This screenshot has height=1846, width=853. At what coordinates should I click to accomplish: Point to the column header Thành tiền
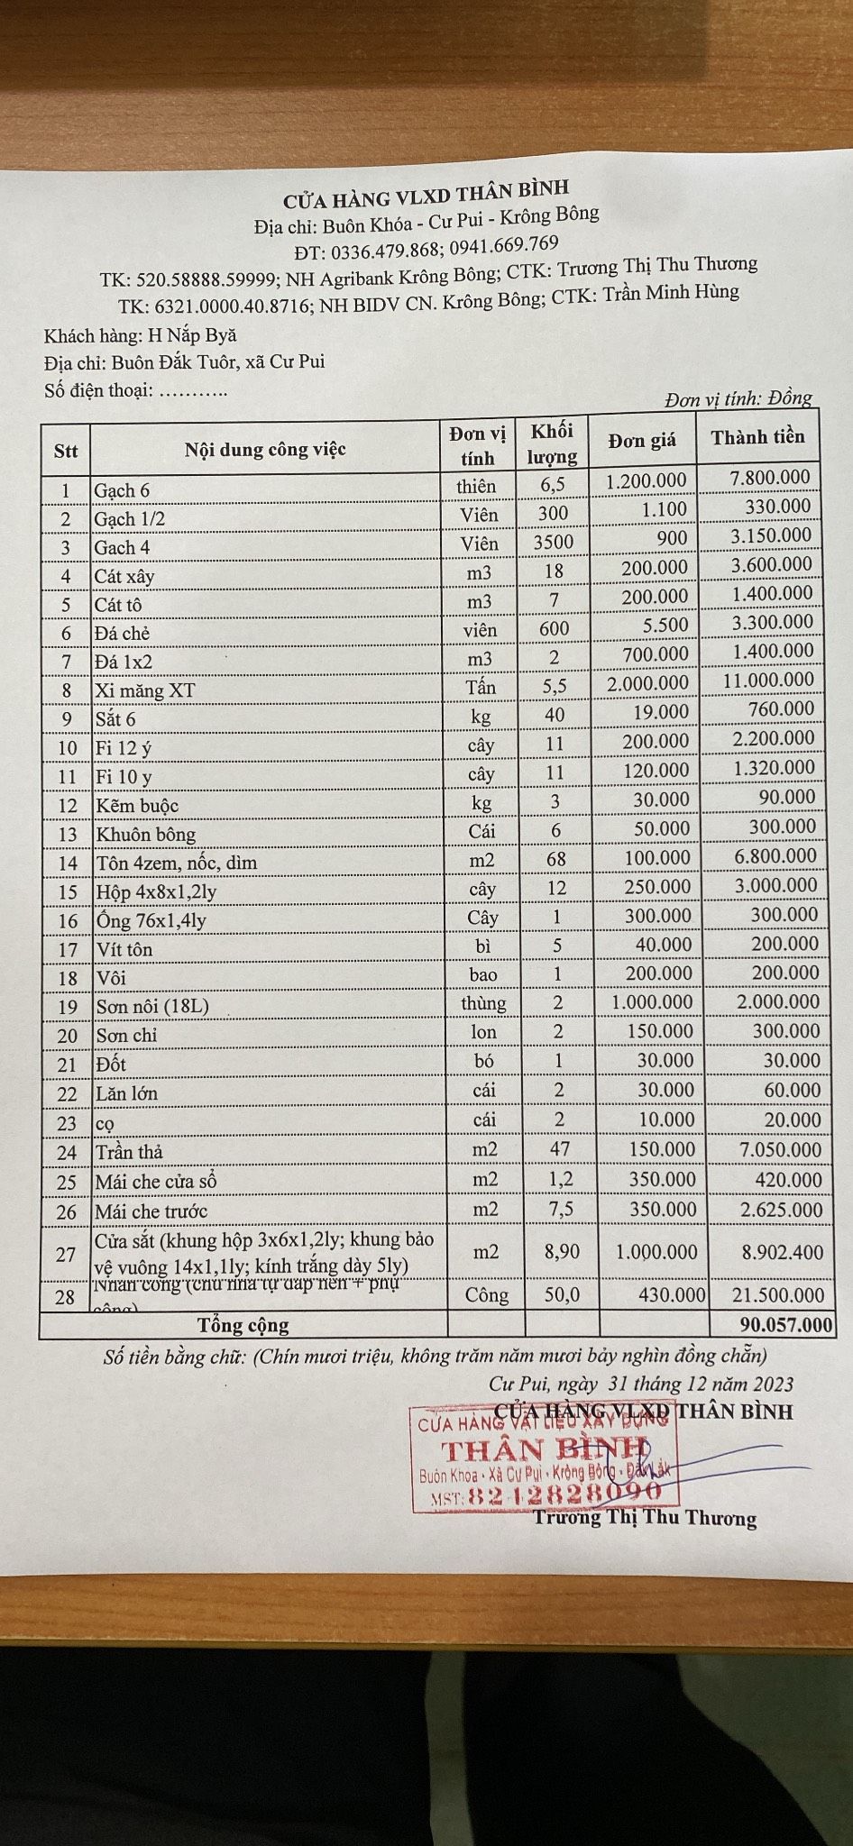[757, 437]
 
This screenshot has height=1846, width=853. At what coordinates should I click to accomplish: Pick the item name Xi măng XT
[144, 690]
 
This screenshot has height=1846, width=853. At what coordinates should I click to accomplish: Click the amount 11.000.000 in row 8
[767, 681]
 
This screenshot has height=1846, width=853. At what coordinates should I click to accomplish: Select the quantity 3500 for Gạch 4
[553, 542]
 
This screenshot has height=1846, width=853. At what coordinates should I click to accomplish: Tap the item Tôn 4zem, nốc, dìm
[177, 863]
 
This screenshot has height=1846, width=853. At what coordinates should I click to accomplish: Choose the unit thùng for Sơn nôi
[483, 1003]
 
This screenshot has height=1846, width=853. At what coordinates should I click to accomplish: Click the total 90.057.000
[784, 1324]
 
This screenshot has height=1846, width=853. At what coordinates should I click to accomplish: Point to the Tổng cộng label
[243, 1325]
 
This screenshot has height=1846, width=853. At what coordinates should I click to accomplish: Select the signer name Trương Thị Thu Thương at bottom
[644, 1518]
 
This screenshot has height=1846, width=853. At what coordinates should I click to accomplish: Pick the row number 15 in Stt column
[68, 892]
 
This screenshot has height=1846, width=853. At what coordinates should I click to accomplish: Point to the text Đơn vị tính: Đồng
[738, 398]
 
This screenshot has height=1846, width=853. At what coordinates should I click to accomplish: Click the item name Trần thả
[129, 1152]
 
